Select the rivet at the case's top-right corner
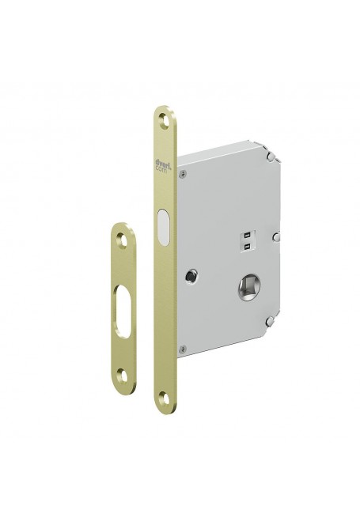271,158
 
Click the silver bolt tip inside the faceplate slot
163,229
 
